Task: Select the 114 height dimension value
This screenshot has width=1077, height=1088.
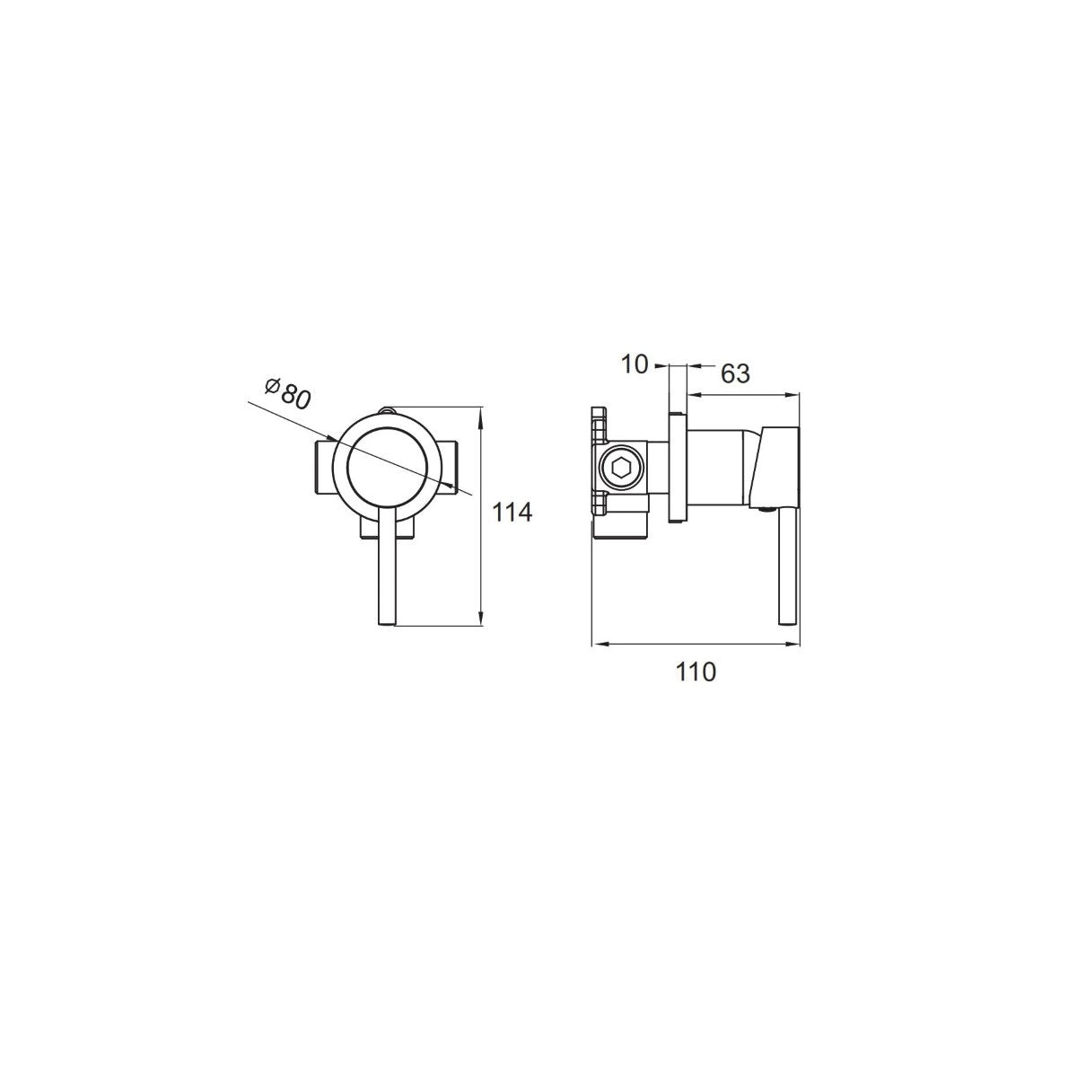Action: (x=512, y=513)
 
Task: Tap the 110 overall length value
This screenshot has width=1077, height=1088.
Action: (x=696, y=671)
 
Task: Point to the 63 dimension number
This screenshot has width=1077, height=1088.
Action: (x=735, y=373)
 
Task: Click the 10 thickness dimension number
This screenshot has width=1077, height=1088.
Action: (x=635, y=365)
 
